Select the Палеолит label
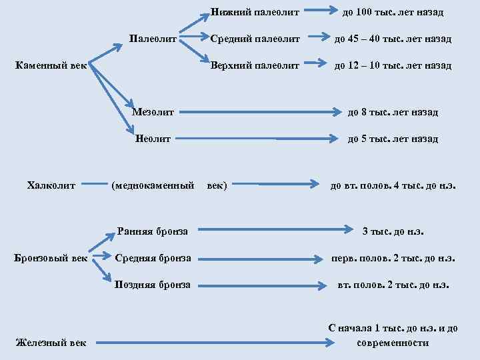click(153, 39)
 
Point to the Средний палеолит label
click(255, 39)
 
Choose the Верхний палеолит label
click(255, 65)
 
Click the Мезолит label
click(153, 111)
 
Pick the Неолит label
click(153, 139)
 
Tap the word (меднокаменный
click(153, 185)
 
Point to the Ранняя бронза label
click(152, 231)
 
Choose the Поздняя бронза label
click(153, 285)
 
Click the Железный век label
click(51, 343)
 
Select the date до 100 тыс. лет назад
click(393, 12)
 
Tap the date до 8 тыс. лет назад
click(393, 112)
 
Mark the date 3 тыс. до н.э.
click(393, 232)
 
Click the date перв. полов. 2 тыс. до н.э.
click(393, 259)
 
